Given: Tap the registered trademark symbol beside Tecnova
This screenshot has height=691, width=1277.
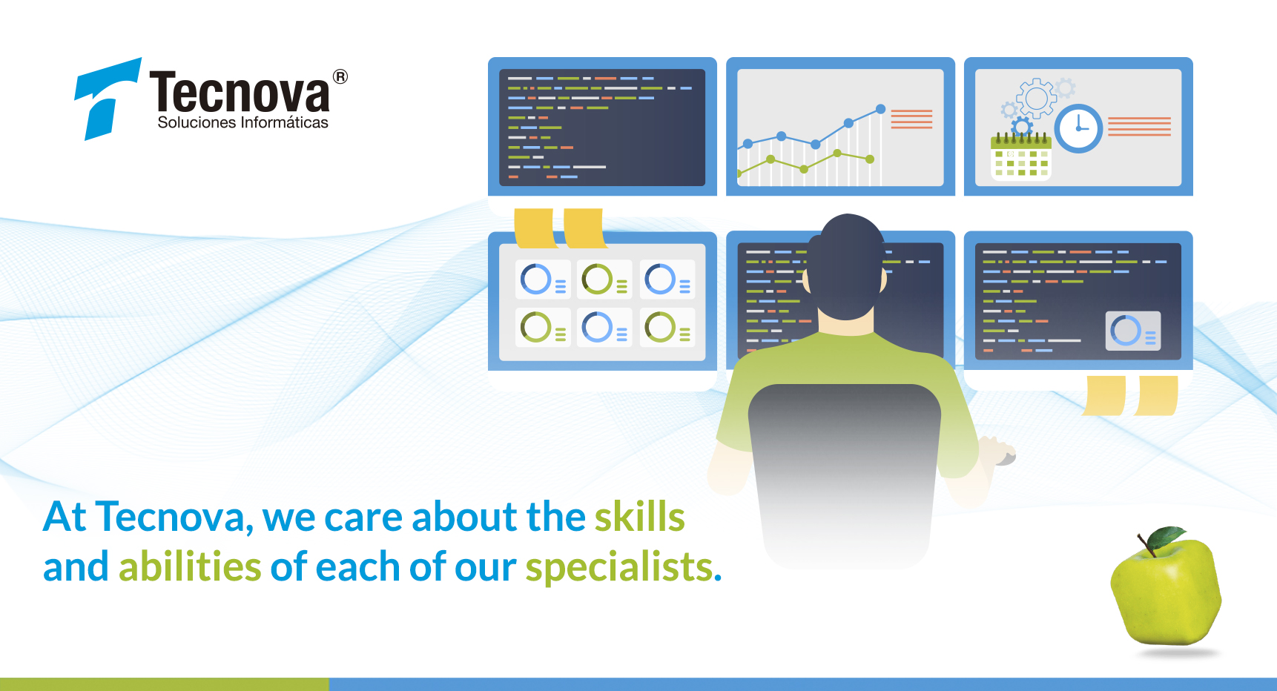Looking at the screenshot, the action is pyautogui.click(x=340, y=76).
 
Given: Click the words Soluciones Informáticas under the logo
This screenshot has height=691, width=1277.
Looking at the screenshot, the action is pyautogui.click(x=242, y=122).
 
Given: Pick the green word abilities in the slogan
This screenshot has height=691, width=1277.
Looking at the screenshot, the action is pyautogui.click(x=190, y=566).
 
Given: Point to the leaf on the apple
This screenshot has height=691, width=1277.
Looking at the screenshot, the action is pyautogui.click(x=1167, y=537).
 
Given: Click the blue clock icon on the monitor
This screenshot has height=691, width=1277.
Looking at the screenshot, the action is pyautogui.click(x=1079, y=128).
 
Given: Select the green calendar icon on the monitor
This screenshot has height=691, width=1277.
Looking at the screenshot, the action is pyautogui.click(x=1021, y=158).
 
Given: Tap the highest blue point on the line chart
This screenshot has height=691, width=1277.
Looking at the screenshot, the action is pyautogui.click(x=880, y=109).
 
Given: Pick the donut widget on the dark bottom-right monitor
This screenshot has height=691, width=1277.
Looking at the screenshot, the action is pyautogui.click(x=1132, y=331).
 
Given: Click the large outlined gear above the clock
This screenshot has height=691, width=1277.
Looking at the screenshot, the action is pyautogui.click(x=1037, y=98).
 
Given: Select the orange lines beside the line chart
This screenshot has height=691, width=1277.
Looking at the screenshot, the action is pyautogui.click(x=911, y=119).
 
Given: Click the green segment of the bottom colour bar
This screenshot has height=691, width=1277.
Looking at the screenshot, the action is pyautogui.click(x=164, y=684).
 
